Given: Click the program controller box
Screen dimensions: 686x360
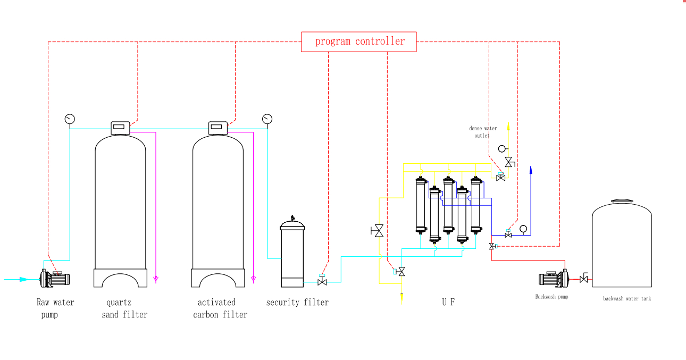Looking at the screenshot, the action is (x=359, y=41).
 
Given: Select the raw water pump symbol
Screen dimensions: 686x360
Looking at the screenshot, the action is (x=55, y=278).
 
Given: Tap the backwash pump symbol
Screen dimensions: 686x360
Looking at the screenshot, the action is (x=554, y=278).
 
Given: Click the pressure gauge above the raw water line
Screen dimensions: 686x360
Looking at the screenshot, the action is (x=70, y=119).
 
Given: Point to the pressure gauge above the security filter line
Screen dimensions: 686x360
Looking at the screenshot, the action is (x=267, y=119).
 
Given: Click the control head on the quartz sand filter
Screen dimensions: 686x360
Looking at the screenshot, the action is (x=120, y=128).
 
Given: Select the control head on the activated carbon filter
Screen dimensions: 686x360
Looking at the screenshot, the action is (x=217, y=128).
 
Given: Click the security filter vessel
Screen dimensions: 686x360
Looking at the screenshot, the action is (x=292, y=252).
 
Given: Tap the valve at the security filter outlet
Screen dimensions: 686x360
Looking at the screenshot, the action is (x=322, y=281).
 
